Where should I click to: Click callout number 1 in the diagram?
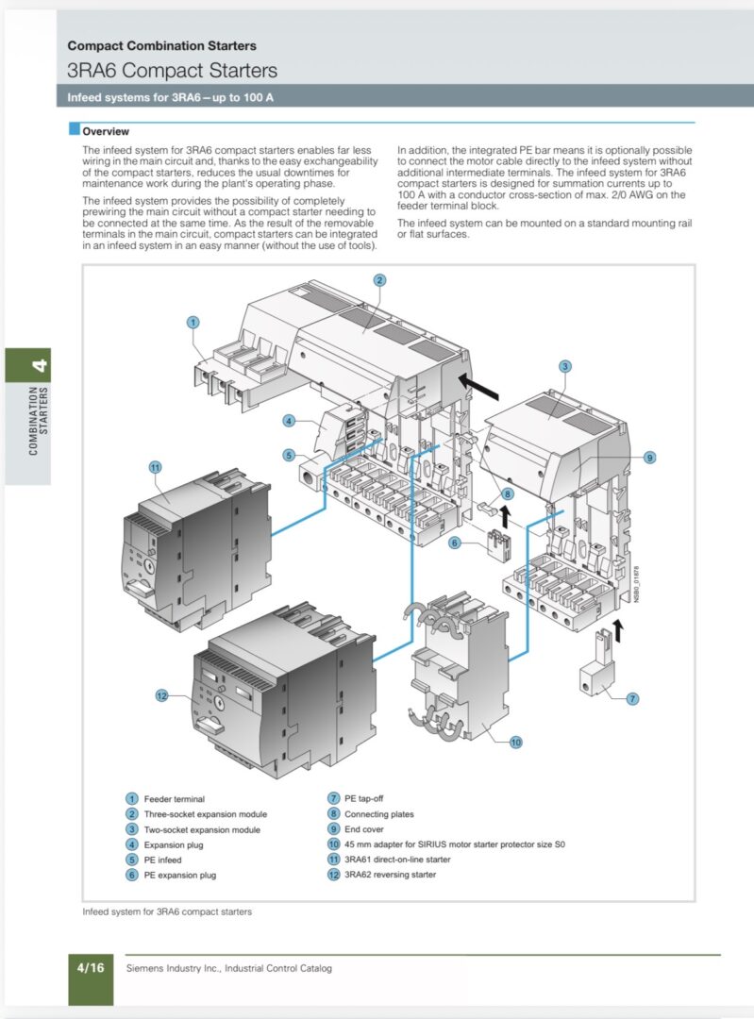pos(193,322)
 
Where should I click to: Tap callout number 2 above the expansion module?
pos(380,280)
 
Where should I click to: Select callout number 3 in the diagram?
pos(565,366)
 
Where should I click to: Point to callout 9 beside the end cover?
pos(649,458)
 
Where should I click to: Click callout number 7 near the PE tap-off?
pos(632,698)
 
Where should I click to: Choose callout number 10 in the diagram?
pos(515,743)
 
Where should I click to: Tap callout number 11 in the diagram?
pos(155,467)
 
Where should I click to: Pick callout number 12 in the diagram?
pos(161,696)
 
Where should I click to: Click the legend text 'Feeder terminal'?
pos(175,799)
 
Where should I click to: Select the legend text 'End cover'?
pos(364,829)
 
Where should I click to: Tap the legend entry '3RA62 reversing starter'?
pos(390,875)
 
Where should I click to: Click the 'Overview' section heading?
pos(106,131)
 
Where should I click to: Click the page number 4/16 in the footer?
pos(91,968)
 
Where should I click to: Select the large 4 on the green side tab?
pos(40,365)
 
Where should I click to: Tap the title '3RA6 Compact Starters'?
pos(173,70)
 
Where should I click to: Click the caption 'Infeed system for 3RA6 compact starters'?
pos(167,911)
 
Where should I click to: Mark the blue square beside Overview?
pos(75,128)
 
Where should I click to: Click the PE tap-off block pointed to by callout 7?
pos(596,673)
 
